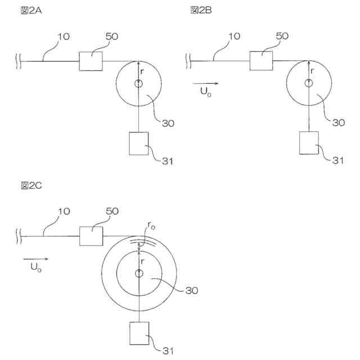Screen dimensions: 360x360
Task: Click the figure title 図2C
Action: [29, 186]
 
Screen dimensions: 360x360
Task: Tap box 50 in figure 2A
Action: [91, 61]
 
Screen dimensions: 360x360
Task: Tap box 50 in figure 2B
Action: [261, 60]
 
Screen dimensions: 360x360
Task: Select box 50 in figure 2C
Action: [91, 236]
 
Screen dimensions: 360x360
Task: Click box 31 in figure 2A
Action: [138, 143]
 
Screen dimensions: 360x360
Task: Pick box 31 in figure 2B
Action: [309, 143]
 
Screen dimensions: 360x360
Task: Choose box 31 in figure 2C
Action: [138, 333]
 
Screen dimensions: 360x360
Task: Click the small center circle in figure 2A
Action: [138, 83]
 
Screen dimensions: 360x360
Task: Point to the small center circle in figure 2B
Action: [309, 83]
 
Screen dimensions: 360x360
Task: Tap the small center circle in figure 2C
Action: [138, 273]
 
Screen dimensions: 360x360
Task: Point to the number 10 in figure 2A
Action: [64, 37]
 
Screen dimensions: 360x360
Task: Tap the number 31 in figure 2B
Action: [337, 161]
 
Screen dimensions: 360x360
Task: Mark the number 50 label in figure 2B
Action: [282, 36]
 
